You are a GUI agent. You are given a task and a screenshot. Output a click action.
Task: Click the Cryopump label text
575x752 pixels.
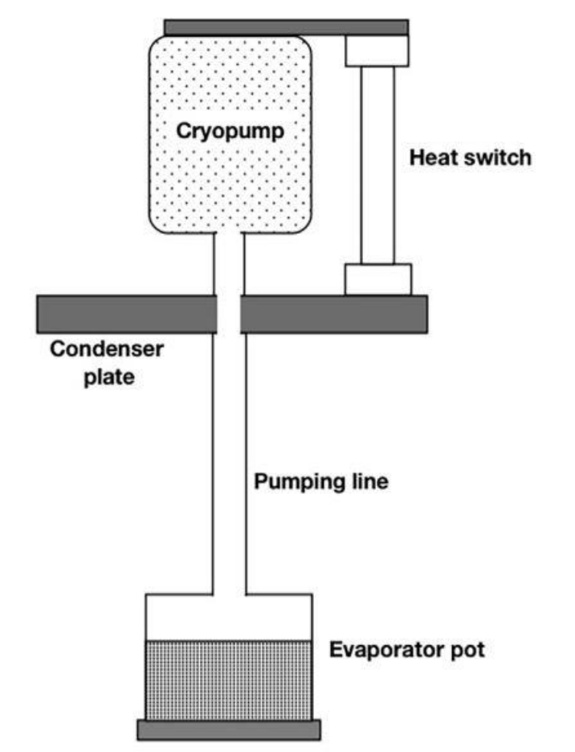(x=230, y=131)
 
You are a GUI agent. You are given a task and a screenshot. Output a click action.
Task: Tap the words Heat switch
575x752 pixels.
(x=471, y=157)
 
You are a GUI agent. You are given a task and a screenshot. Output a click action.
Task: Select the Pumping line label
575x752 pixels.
(x=321, y=482)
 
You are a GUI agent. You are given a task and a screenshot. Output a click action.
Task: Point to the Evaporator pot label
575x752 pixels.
(x=407, y=649)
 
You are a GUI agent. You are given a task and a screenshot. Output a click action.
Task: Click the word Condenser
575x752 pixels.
(x=107, y=350)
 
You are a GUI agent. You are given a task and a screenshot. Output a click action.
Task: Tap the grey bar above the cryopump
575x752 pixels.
(x=286, y=28)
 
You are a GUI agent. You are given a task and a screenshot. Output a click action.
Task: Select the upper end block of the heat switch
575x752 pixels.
(x=377, y=51)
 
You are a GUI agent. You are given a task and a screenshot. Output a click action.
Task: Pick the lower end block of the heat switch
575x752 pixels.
(x=377, y=279)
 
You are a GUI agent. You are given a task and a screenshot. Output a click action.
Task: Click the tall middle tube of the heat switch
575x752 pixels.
(x=377, y=165)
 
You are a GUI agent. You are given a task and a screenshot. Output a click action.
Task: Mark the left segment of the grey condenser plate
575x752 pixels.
(x=127, y=314)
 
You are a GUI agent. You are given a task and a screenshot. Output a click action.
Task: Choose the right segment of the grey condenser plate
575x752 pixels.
(x=334, y=314)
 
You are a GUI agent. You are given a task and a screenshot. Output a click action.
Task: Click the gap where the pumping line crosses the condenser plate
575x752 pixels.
(x=229, y=314)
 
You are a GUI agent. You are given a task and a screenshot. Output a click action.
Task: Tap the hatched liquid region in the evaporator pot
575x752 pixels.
(x=229, y=679)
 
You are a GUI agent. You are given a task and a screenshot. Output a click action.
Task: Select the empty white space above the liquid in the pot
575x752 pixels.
(x=229, y=617)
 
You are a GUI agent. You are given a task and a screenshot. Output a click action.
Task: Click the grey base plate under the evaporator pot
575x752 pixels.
(x=229, y=729)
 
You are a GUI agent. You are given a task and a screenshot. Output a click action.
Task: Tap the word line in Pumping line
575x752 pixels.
(x=372, y=482)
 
